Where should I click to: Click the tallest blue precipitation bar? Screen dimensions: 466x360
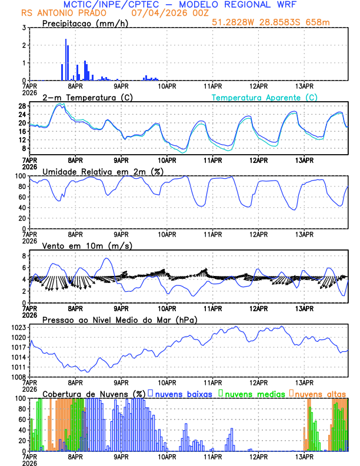click(66, 59)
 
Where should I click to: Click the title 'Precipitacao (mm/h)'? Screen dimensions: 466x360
click(82, 23)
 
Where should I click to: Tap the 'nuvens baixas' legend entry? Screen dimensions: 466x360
click(182, 393)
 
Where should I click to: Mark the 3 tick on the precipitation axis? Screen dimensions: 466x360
click(24, 28)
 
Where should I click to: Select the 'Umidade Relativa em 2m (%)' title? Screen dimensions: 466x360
click(97, 171)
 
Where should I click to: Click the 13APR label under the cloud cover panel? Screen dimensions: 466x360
click(304, 456)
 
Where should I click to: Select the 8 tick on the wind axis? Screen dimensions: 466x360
click(24, 256)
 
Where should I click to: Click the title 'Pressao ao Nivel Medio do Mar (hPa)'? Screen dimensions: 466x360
click(119, 319)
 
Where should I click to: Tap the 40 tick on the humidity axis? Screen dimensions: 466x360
click(21, 208)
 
